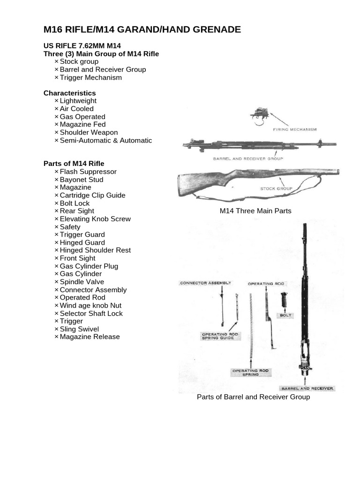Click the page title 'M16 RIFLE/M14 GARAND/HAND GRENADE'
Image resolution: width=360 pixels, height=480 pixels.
pyautogui.click(x=142, y=30)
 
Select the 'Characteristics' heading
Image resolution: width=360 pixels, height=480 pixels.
pyautogui.click(x=69, y=93)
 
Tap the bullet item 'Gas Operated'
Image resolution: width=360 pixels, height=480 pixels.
pyautogui.click(x=82, y=117)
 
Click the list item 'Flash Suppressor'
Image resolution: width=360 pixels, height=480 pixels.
pyautogui.click(x=88, y=172)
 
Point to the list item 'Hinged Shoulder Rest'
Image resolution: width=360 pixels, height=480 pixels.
pyautogui.click(x=95, y=250)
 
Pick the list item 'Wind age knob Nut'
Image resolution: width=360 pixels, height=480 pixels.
pyautogui.click(x=90, y=305)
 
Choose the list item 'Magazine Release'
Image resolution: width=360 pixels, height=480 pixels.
pyautogui.click(x=90, y=337)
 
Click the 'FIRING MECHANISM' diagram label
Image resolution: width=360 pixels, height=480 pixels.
pyautogui.click(x=294, y=129)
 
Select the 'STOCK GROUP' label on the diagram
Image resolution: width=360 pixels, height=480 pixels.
pyautogui.click(x=276, y=188)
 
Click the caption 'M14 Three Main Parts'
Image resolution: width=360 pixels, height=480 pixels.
pyautogui.click(x=255, y=211)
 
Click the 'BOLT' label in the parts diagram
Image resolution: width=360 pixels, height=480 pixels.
pyautogui.click(x=285, y=315)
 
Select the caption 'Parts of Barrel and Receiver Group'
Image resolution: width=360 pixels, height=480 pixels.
pyautogui.click(x=253, y=397)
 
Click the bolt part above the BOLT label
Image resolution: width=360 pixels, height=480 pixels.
pyautogui.click(x=285, y=301)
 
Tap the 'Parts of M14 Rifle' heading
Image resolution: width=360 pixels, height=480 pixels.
pyautogui.click(x=74, y=164)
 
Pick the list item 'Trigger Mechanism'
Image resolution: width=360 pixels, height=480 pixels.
pyautogui.click(x=90, y=77)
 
